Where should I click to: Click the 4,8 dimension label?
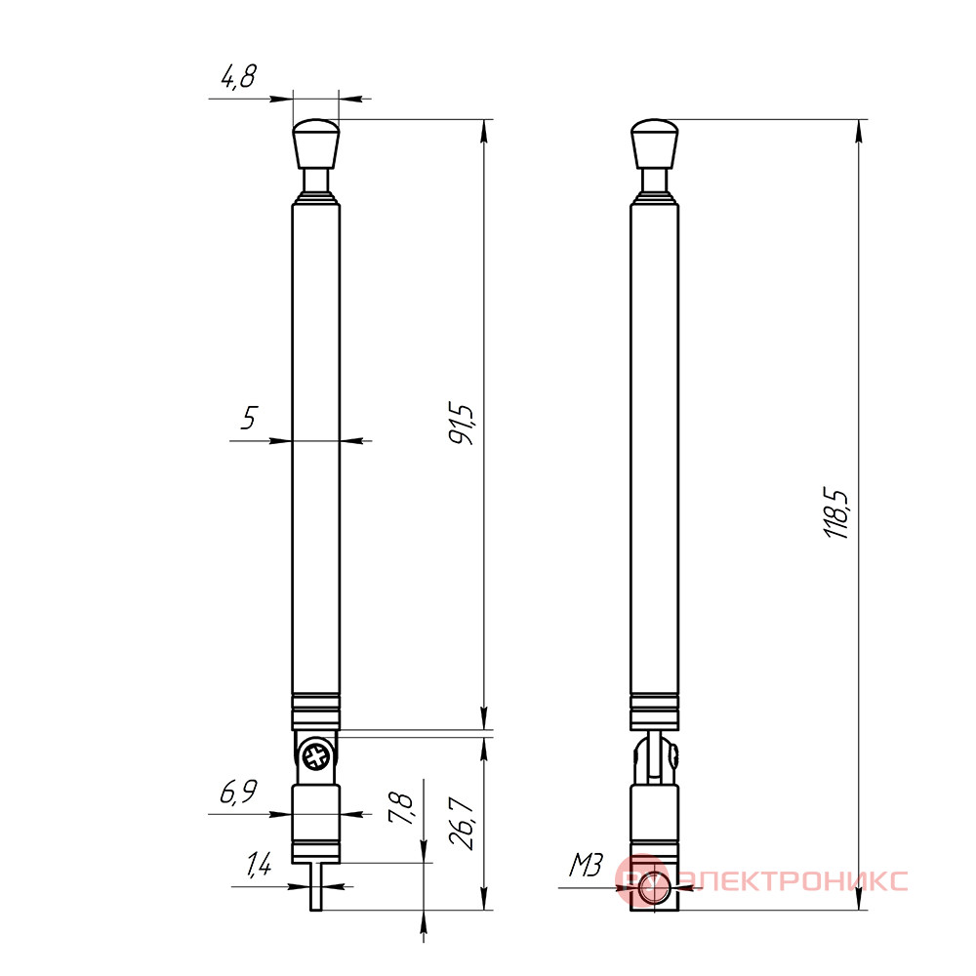(x=238, y=76)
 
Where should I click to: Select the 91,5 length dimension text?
(x=462, y=425)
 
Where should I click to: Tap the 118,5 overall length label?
(x=835, y=514)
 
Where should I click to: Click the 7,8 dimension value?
(x=399, y=808)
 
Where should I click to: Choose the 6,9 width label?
(x=238, y=793)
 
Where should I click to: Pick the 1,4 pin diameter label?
(x=259, y=864)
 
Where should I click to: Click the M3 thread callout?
(x=586, y=865)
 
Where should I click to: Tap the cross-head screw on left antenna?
(x=316, y=757)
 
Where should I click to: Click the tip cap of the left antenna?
(x=316, y=143)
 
